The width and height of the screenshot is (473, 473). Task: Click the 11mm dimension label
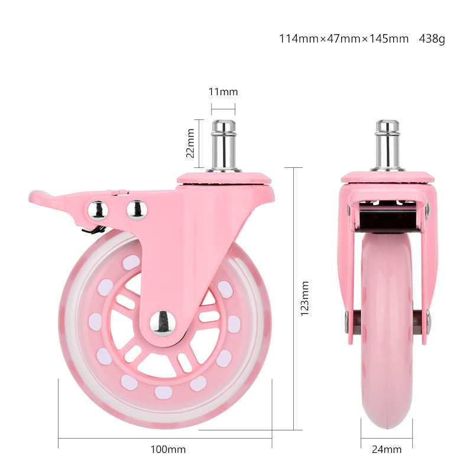point(223,92)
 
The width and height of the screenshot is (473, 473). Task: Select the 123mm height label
point(305,299)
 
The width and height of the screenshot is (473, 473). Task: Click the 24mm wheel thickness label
point(387,449)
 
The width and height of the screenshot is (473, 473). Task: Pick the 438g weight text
point(432,39)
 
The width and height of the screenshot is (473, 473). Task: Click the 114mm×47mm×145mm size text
point(344,39)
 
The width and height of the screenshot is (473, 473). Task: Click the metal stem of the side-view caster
point(223,145)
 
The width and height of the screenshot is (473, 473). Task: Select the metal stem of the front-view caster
point(388,145)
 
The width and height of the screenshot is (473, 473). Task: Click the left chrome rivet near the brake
point(98,209)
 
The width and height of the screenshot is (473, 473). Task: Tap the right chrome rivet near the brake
point(137,209)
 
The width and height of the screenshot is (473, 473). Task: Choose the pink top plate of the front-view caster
point(387,177)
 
